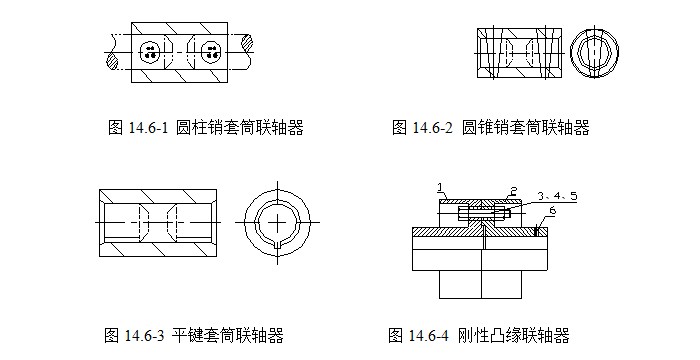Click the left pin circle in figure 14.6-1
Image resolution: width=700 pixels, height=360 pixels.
[151, 51]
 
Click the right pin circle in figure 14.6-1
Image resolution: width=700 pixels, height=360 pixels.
[210, 51]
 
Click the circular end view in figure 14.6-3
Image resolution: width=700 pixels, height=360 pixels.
[276, 219]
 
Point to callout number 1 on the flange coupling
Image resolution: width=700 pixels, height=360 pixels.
[439, 187]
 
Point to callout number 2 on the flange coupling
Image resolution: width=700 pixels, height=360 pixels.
[513, 189]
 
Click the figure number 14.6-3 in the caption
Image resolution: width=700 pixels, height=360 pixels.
[146, 335]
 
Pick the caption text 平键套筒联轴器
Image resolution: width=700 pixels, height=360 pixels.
[227, 335]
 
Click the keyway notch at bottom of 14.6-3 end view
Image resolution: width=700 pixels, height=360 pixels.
[276, 242]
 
